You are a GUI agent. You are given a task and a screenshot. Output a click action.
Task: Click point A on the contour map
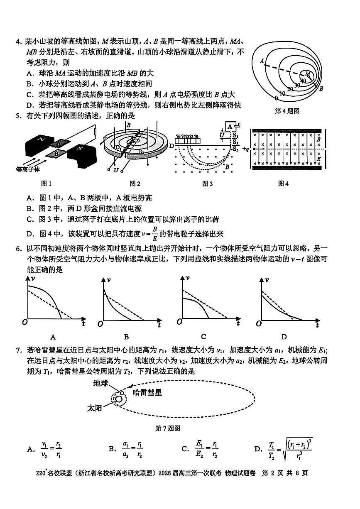coord(262,61)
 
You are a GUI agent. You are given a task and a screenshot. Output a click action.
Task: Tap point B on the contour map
coord(321,88)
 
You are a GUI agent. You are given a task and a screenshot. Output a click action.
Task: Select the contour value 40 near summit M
coord(303,81)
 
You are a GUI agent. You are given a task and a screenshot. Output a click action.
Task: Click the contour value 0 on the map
coord(276,98)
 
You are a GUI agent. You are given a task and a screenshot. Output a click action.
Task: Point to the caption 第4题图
coord(287,111)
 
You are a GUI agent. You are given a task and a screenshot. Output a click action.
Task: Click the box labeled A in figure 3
coord(229,126)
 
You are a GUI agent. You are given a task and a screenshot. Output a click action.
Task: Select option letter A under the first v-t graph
coord(53,337)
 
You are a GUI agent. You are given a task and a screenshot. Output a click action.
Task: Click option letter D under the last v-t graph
coord(284,337)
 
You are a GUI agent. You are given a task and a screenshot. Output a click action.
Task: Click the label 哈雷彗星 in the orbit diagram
coord(147,392)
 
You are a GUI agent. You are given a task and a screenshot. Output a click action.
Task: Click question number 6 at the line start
coord(18,249)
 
